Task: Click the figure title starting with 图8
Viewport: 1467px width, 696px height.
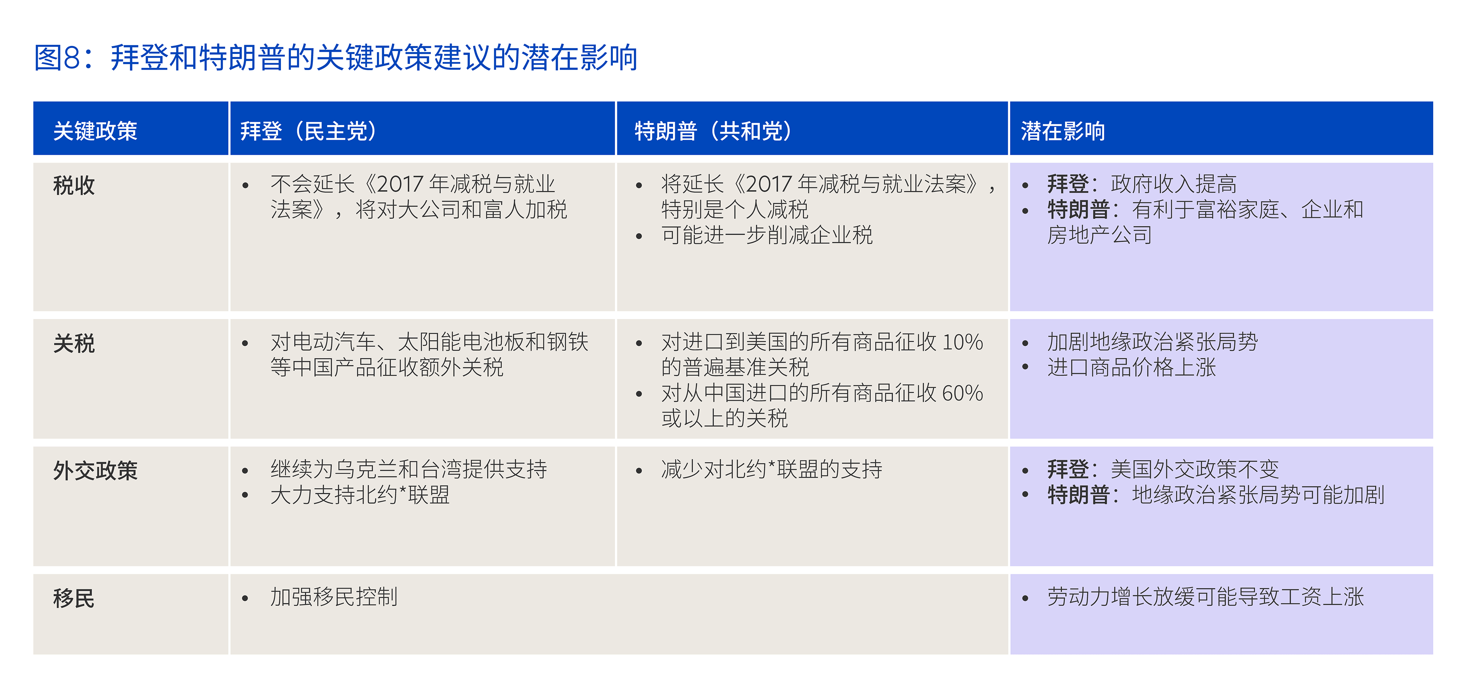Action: pyautogui.click(x=336, y=58)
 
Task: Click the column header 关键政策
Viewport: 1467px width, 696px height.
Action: pyautogui.click(x=95, y=131)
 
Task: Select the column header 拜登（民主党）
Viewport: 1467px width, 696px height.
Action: pyautogui.click(x=308, y=131)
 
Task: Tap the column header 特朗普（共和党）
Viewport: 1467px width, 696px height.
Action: pyautogui.click(x=713, y=131)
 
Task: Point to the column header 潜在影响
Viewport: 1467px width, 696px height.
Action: pyautogui.click(x=1063, y=131)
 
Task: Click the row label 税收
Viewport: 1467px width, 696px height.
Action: pyautogui.click(x=74, y=185)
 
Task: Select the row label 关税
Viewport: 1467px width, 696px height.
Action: pyautogui.click(x=74, y=344)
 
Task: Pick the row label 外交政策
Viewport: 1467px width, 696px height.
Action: pyautogui.click(x=95, y=470)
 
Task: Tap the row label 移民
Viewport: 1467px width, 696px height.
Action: pyautogui.click(x=74, y=598)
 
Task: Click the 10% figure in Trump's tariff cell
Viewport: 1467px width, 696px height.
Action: pyautogui.click(x=962, y=342)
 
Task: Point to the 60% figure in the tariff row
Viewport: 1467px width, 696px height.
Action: pyautogui.click(x=962, y=393)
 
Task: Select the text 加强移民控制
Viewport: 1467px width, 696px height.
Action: pyautogui.click(x=334, y=597)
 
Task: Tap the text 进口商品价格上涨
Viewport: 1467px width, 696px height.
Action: pyautogui.click(x=1131, y=367)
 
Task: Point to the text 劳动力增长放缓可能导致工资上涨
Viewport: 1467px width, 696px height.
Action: pyautogui.click(x=1206, y=597)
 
